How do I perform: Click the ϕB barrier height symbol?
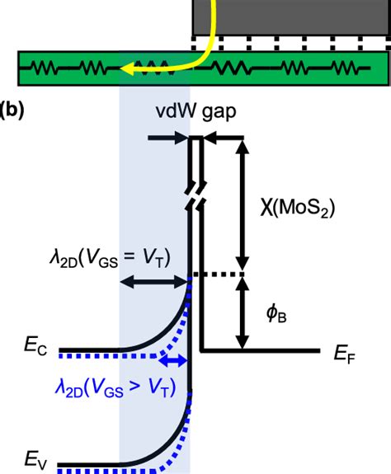coord(276,314)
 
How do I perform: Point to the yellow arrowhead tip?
coord(122,71)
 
